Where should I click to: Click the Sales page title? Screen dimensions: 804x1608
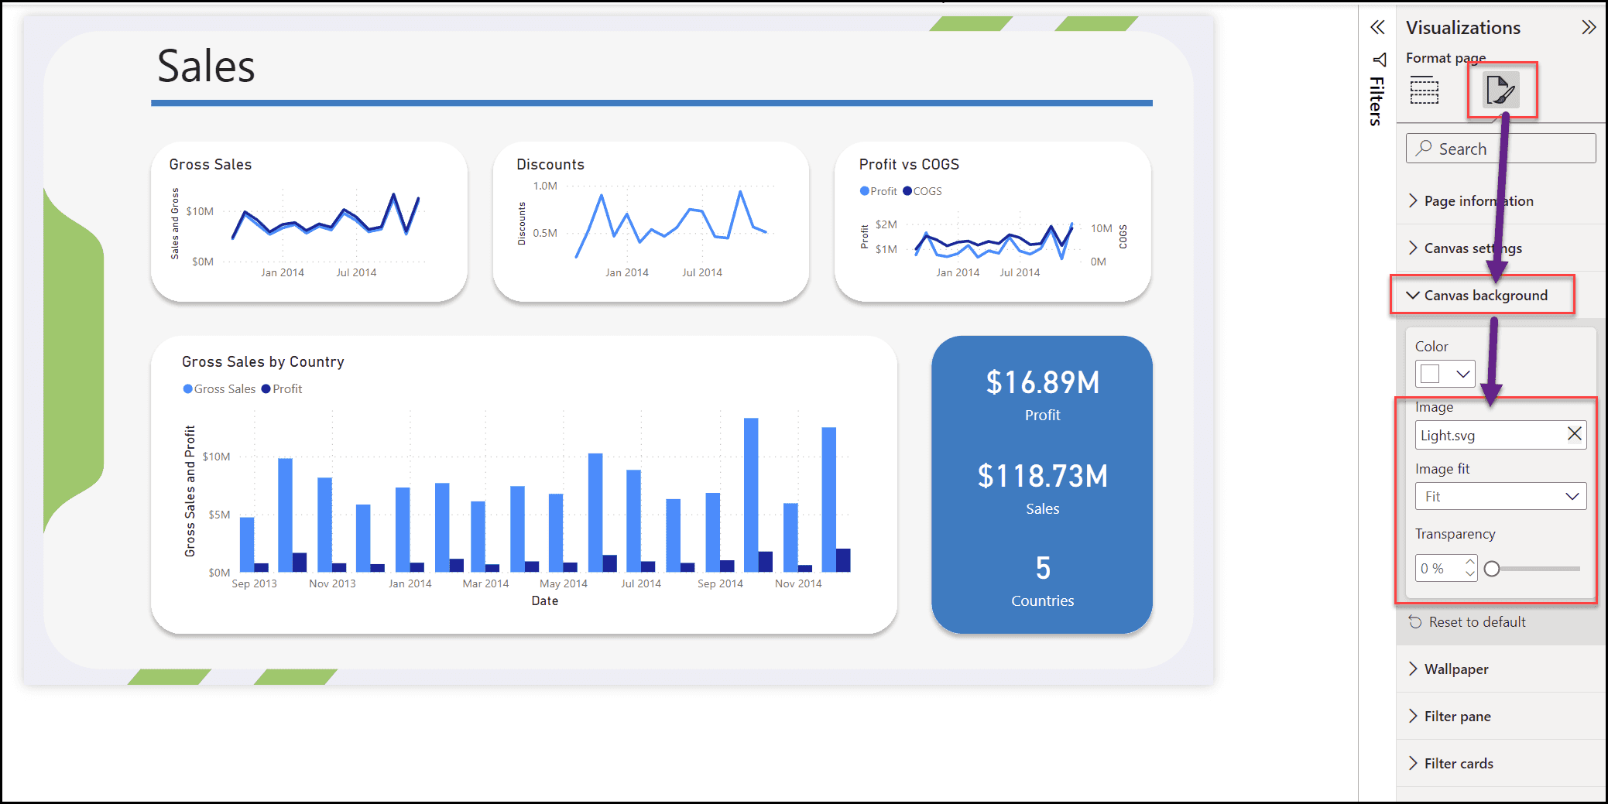click(206, 67)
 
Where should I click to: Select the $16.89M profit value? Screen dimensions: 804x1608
click(1042, 383)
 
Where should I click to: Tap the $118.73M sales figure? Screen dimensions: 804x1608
click(1042, 477)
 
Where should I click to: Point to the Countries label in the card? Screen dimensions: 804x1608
click(1042, 601)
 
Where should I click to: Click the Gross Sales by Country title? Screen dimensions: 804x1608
click(262, 362)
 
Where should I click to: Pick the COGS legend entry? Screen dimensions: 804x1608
click(923, 191)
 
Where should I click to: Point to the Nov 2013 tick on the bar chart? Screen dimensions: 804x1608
click(332, 583)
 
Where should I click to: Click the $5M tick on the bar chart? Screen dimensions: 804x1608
click(219, 515)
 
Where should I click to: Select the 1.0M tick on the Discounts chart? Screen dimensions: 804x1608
click(545, 186)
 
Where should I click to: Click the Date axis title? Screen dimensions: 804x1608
click(544, 601)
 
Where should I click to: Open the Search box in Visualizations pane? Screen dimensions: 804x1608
click(1500, 149)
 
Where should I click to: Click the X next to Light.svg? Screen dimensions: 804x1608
click(1574, 434)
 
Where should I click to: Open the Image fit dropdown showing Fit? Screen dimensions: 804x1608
click(1500, 497)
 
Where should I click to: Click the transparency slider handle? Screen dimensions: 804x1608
click(1492, 569)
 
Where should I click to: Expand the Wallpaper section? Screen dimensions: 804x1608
click(1455, 669)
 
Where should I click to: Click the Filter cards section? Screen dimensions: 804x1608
click(1458, 764)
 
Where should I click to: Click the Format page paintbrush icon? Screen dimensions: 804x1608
click(1500, 91)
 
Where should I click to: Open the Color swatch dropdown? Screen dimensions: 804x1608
click(1445, 375)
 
